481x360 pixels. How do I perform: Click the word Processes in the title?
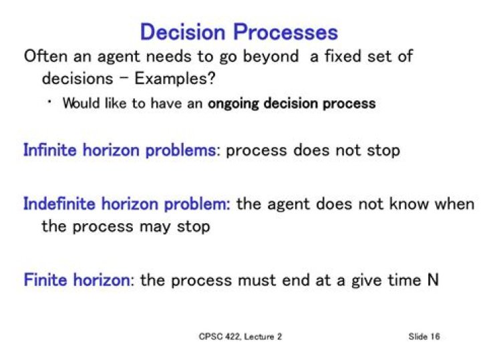coord(286,32)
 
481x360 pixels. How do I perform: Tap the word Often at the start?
coord(45,56)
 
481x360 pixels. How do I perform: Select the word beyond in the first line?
coord(271,56)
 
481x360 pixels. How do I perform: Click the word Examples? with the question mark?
coord(175,79)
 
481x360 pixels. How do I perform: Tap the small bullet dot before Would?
coord(49,102)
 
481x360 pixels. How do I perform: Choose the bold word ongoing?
coord(233,104)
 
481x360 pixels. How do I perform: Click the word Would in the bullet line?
coord(82,103)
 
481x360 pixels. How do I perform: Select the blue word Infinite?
coord(50,150)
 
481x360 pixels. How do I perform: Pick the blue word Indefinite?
coord(59,204)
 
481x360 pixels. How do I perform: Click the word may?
coord(155,227)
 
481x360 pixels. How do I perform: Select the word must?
coord(257,281)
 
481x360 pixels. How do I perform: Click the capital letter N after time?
coord(433,280)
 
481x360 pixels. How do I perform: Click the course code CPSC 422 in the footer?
coord(219,337)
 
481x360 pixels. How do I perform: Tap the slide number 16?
coord(435,337)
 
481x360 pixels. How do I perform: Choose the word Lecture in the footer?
coord(259,337)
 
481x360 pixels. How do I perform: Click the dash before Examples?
coord(124,79)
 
